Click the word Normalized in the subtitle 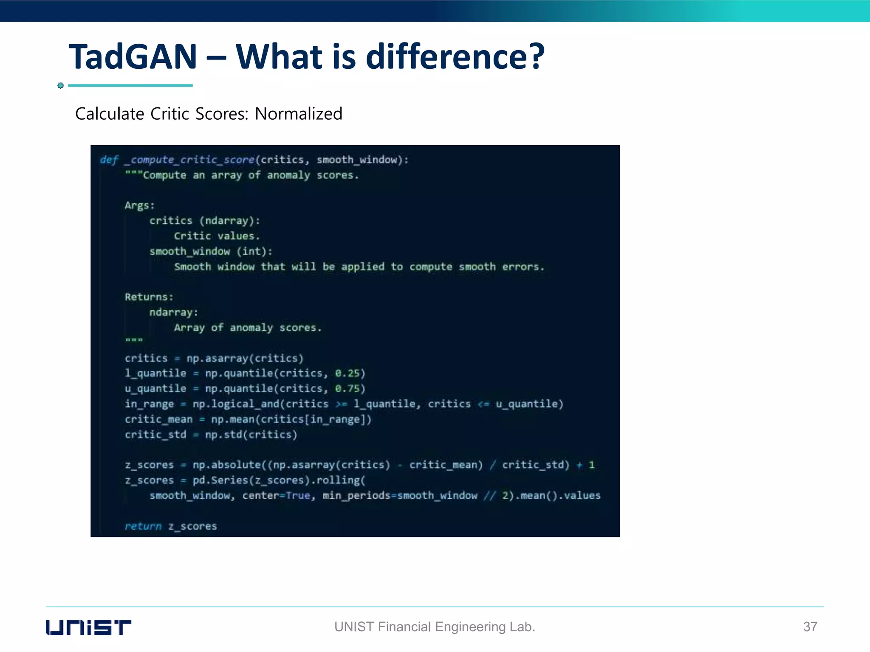coord(298,114)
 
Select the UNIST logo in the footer coord(88,627)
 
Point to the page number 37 coord(810,627)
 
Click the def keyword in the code coord(109,160)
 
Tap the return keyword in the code coord(143,526)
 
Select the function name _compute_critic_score coord(189,160)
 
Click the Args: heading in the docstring coord(139,205)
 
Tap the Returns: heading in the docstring coord(149,297)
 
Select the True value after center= coord(298,495)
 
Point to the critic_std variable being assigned coord(155,435)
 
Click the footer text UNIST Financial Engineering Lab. coord(435,627)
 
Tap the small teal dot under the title coord(60,86)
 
